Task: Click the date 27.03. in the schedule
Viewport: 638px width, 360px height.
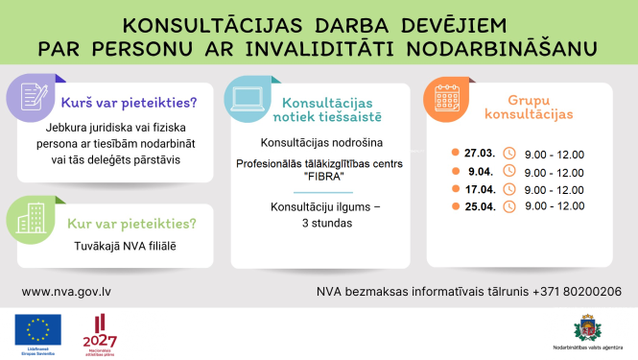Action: click(x=481, y=153)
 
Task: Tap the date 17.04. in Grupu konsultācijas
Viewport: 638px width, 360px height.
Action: click(x=481, y=190)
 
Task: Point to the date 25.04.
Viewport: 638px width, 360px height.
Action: click(x=481, y=206)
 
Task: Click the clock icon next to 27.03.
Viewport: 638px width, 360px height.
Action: click(x=509, y=153)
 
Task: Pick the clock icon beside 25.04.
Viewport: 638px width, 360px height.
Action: click(x=509, y=206)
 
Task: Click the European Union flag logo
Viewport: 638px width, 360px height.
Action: click(x=38, y=332)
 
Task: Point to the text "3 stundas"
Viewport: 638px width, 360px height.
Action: click(x=319, y=223)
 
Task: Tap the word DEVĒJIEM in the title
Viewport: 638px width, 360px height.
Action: click(x=448, y=23)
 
